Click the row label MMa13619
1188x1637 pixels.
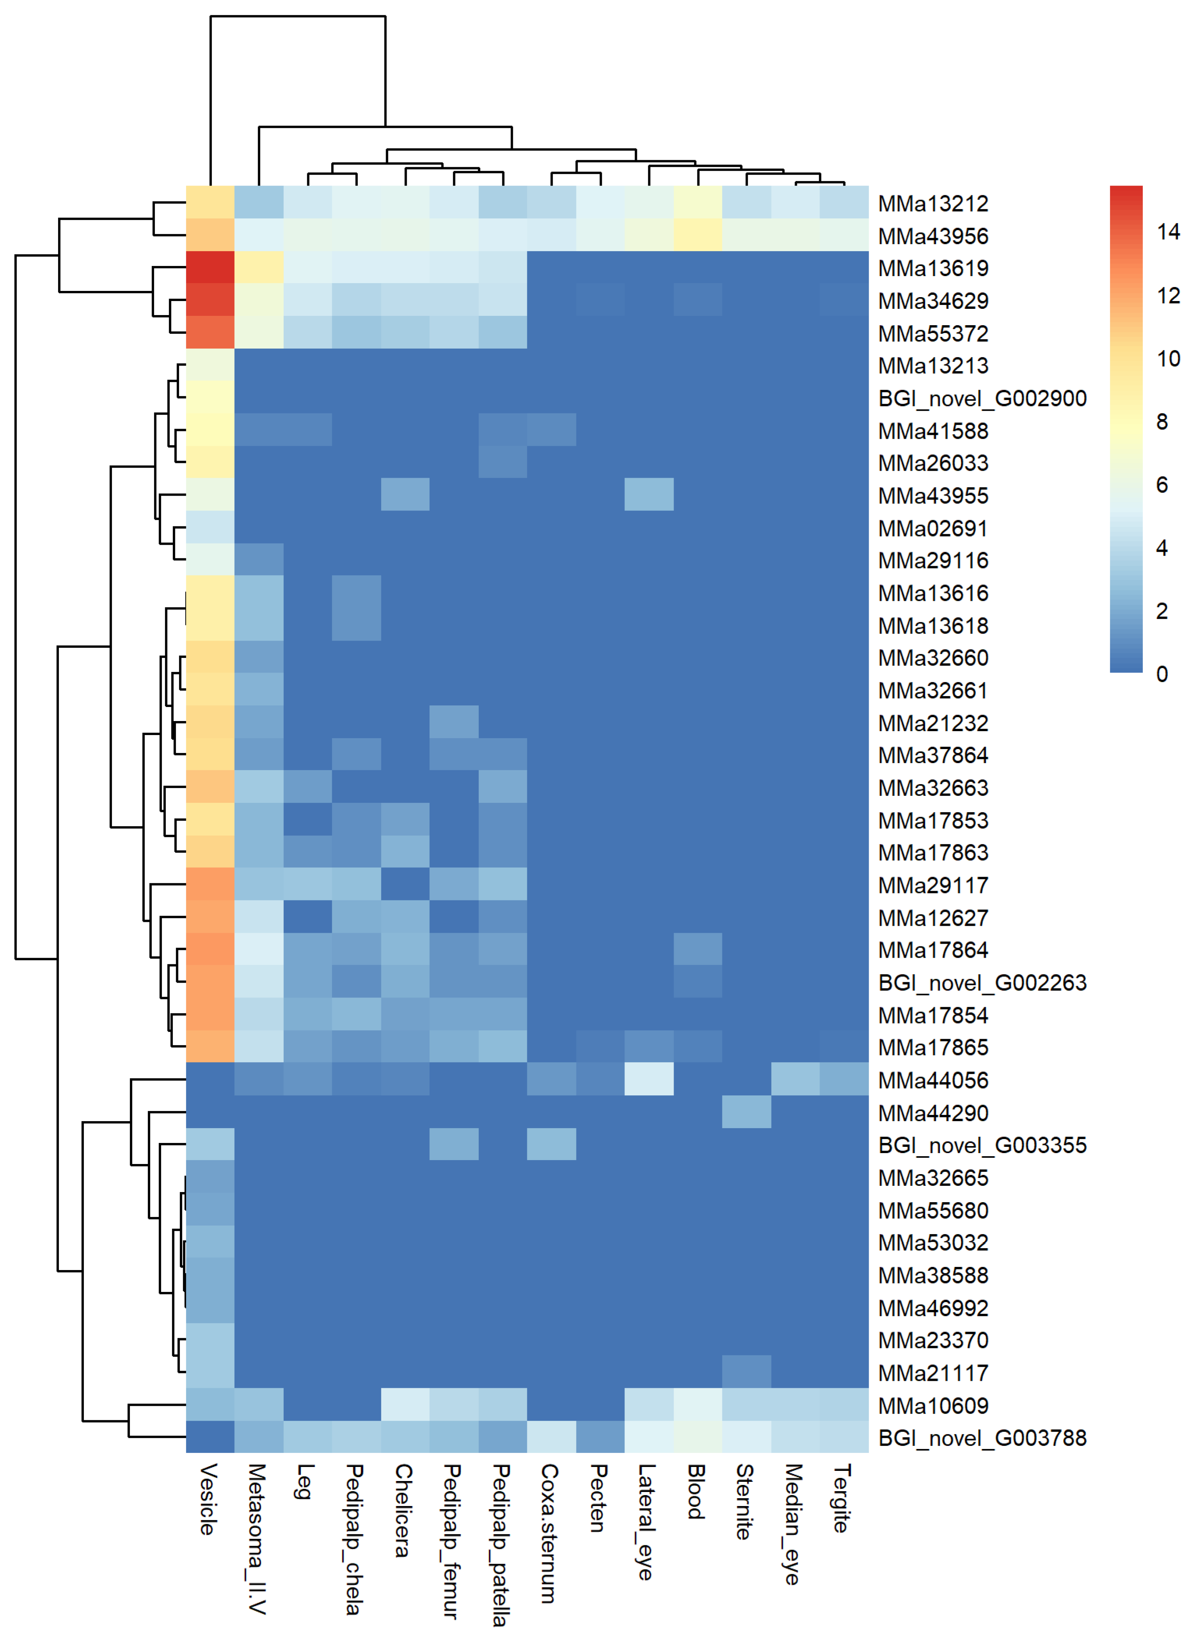[x=932, y=269]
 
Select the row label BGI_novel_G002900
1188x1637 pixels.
[x=982, y=399]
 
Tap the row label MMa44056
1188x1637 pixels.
[x=932, y=1081]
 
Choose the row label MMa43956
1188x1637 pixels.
[x=932, y=236]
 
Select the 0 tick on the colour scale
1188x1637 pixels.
[x=1161, y=674]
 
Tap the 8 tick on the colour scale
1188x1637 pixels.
[x=1161, y=422]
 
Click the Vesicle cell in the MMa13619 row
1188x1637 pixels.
[x=210, y=268]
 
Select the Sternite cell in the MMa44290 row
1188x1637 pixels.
[x=746, y=1111]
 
